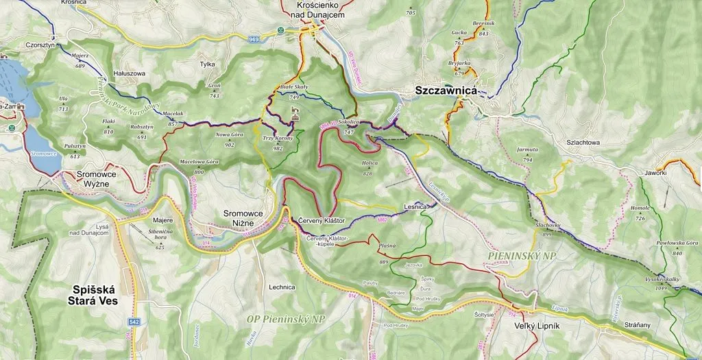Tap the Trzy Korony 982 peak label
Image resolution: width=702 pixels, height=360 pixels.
pos(278,143)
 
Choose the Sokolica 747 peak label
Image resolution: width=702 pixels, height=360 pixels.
pos(349,126)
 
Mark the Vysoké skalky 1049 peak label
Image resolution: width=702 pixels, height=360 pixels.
pos(661,283)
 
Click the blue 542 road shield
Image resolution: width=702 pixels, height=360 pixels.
pos(136,322)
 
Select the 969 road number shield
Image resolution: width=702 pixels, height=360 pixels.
pos(254,38)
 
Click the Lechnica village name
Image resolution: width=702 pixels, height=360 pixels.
pos(282,287)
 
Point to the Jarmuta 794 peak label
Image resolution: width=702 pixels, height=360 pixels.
pos(527,153)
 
